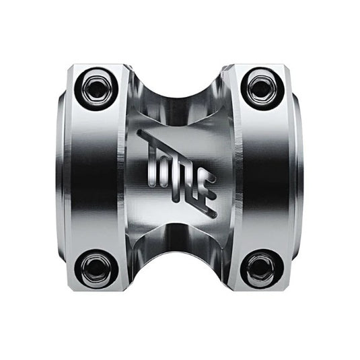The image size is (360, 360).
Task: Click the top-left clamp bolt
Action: (96, 87)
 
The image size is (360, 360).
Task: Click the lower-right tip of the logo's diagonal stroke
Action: (215, 214)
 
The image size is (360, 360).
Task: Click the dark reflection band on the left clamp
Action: (91, 178)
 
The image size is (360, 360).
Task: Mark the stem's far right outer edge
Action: (301, 178)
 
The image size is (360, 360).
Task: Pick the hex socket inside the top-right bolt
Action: (260, 86)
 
